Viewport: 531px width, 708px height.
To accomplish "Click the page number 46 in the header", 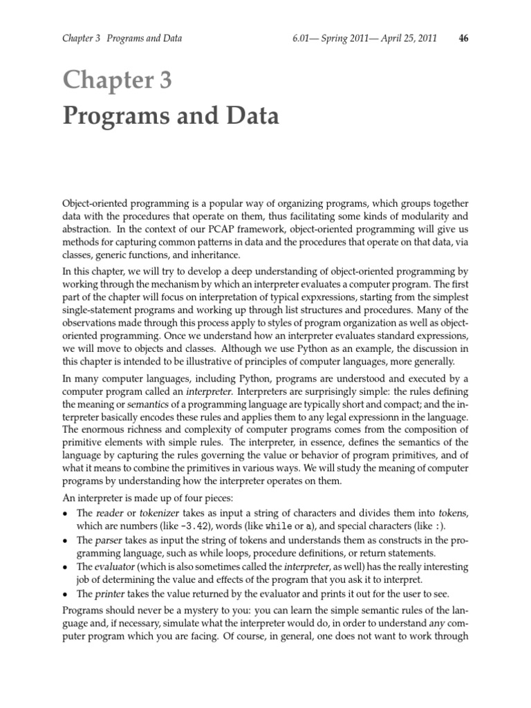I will (463, 38).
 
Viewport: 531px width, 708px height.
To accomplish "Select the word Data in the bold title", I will (250, 117).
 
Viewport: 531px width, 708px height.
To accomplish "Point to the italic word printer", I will (111, 593).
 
